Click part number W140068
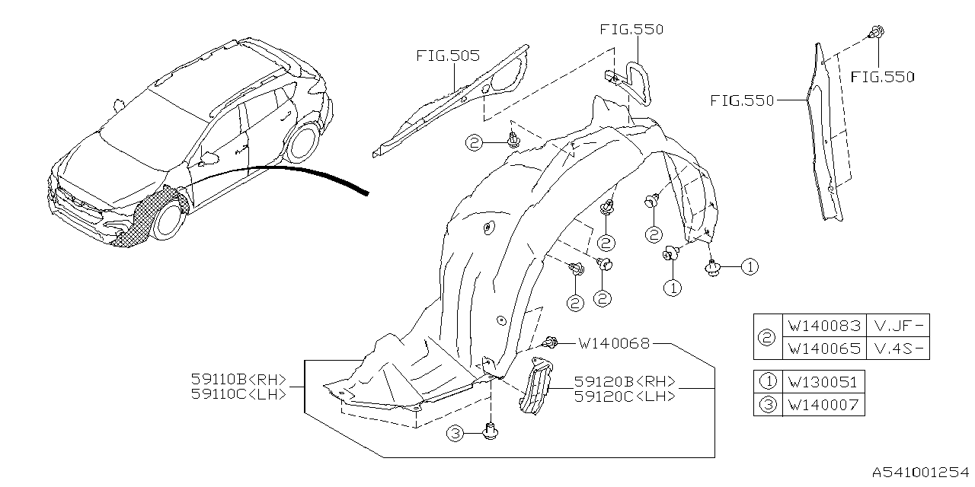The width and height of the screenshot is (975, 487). [614, 344]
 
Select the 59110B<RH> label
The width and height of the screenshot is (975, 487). [238, 379]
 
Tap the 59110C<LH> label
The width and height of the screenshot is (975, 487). [238, 394]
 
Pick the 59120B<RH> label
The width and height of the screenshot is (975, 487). [625, 382]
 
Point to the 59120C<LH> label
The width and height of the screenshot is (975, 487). [625, 397]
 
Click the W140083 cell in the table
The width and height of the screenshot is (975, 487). [824, 326]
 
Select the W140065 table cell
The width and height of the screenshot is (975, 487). [824, 349]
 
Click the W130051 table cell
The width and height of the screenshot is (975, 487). [824, 382]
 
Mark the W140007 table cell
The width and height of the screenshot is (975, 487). [824, 405]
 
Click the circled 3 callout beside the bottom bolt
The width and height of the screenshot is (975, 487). [455, 434]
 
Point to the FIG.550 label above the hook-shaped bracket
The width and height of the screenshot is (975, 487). [631, 30]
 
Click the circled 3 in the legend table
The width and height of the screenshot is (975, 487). [768, 405]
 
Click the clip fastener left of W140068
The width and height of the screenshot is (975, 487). [552, 343]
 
